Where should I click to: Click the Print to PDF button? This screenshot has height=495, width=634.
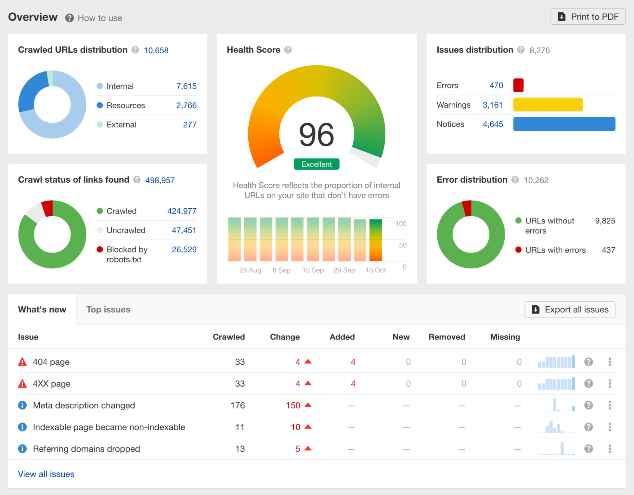[588, 17]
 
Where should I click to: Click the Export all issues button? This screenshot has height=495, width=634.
[570, 309]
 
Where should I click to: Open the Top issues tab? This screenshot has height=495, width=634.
[108, 309]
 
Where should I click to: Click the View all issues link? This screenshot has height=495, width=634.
[46, 474]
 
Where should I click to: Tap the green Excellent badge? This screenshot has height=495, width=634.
[316, 164]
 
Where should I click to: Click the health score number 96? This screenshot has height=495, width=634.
[316, 135]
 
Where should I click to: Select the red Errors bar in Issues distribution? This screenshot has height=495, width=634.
[518, 85]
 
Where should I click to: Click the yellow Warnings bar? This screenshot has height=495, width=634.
[547, 105]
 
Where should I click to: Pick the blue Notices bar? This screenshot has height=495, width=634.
[564, 124]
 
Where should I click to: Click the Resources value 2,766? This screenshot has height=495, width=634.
[186, 105]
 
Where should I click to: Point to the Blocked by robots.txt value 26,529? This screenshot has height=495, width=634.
[184, 250]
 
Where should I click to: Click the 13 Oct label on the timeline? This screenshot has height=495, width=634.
[376, 270]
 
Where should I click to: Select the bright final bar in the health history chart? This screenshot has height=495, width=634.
[376, 240]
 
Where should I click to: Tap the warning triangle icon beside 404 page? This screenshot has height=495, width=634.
[23, 362]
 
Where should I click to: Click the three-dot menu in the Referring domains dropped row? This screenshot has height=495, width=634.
[610, 449]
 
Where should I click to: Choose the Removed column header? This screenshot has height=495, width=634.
[447, 337]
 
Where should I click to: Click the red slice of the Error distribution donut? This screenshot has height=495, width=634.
[467, 208]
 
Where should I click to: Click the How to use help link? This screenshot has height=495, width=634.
[100, 18]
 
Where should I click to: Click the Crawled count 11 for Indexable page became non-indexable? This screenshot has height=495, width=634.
[240, 427]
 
